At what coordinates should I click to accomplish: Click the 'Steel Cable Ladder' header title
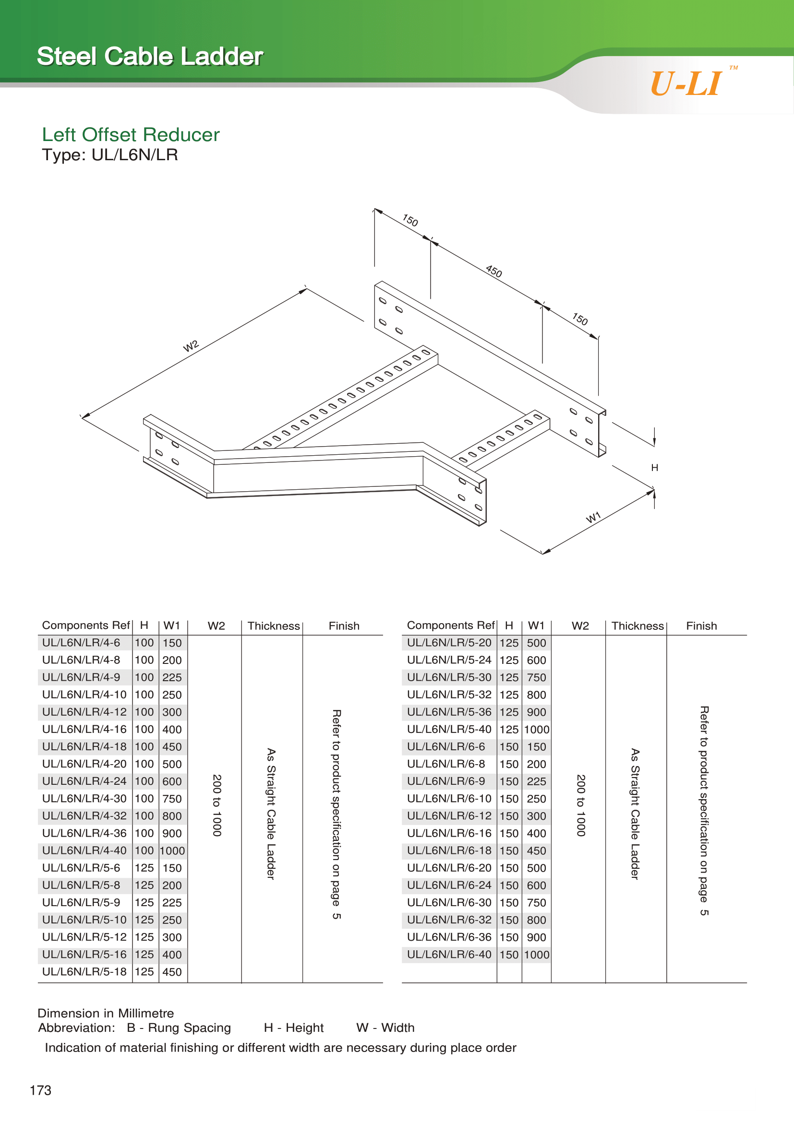151,56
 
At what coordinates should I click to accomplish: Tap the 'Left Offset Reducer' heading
131,134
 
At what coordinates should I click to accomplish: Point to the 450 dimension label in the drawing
494,271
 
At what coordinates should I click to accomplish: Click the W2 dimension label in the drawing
191,346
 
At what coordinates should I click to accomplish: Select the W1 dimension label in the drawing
593,518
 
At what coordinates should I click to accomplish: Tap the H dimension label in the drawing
655,468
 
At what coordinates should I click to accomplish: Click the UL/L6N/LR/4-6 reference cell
81,643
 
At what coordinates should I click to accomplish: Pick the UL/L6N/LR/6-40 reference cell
449,955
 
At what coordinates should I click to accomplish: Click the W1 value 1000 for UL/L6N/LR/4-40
172,851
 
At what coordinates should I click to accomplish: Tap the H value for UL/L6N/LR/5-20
509,643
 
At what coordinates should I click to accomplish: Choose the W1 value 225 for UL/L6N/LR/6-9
536,781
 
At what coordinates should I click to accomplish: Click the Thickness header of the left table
274,626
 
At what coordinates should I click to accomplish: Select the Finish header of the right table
702,626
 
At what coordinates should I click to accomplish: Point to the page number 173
41,1090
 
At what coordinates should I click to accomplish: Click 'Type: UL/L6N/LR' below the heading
110,155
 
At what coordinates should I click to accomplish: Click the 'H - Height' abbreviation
294,1028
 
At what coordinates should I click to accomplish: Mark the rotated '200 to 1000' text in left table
217,805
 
